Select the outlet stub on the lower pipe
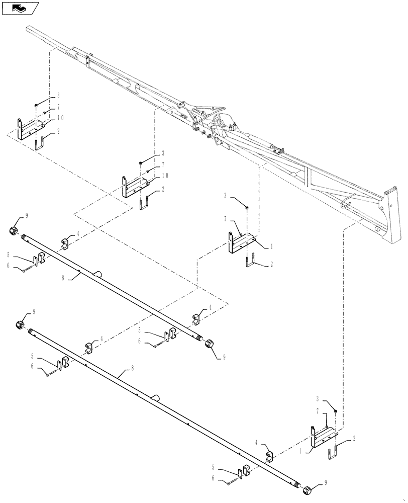click(156, 397)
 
